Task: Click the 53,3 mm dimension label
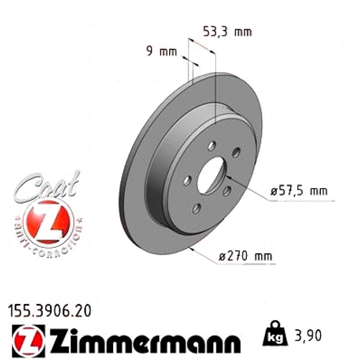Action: tap(227, 32)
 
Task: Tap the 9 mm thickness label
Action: tap(161, 51)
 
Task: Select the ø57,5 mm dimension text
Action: tap(299, 191)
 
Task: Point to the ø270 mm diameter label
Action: tap(245, 256)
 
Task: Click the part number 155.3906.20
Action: tap(49, 311)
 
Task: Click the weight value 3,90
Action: tap(308, 335)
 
